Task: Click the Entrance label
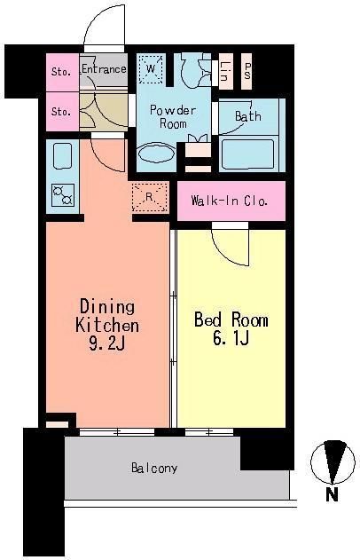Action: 104,69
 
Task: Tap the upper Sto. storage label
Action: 60,72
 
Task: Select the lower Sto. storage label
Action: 60,112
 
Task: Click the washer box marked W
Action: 151,68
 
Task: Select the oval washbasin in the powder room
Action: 159,154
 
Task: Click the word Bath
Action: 247,116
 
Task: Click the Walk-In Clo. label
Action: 230,200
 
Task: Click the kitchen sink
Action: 64,157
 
